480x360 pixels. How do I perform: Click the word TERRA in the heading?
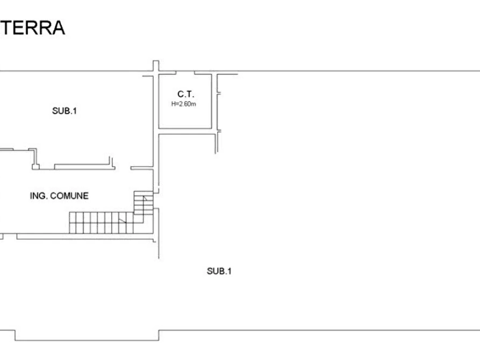tap(32, 27)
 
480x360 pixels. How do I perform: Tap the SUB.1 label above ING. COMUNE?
tap(65, 111)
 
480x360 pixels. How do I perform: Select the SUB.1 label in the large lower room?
tap(219, 271)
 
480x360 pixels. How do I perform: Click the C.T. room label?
tap(185, 94)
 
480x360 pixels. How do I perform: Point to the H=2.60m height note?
tap(184, 104)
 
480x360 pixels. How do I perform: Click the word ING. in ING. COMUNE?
tap(39, 196)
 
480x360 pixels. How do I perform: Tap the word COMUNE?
tap(69, 196)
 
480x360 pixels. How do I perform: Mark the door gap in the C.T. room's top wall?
tap(185, 73)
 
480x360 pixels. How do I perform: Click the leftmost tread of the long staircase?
tap(73, 223)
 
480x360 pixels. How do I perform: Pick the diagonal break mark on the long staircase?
tap(122, 220)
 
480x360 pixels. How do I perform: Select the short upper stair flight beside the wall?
tap(144, 203)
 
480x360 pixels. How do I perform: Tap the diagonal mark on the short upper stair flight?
tap(145, 198)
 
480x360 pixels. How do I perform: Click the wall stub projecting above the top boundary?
tap(156, 66)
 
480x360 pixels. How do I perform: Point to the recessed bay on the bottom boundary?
tap(87, 335)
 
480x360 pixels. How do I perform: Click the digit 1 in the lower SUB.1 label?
tap(230, 271)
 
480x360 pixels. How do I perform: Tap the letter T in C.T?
tap(189, 94)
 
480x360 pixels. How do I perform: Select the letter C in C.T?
tap(180, 94)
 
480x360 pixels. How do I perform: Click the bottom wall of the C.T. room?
tap(185, 128)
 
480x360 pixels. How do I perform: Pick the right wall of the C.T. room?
tap(212, 102)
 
